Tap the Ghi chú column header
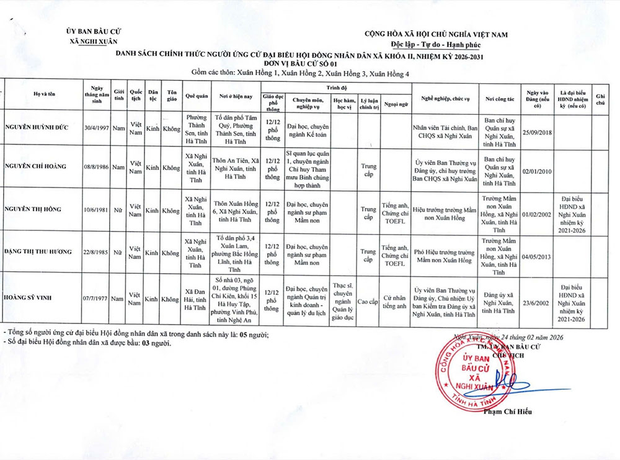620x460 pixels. click(x=600, y=99)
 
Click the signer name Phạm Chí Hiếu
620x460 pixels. click(x=507, y=412)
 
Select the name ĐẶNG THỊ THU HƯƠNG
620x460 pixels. click(x=38, y=251)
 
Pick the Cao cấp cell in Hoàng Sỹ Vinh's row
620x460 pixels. click(x=368, y=301)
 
